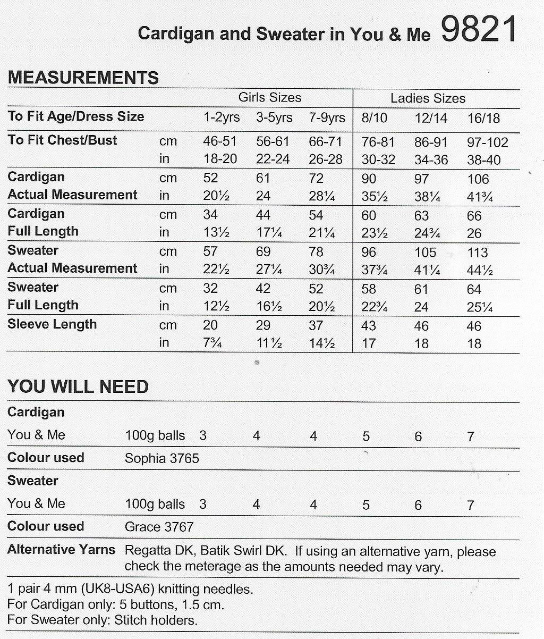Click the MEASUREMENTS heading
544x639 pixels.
click(x=83, y=78)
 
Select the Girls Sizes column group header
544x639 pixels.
click(x=269, y=97)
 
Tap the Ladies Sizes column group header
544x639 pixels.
click(x=428, y=98)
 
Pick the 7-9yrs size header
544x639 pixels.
click(x=327, y=117)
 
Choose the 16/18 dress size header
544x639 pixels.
click(x=483, y=118)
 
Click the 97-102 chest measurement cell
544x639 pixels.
click(x=487, y=142)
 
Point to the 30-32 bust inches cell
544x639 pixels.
click(x=378, y=159)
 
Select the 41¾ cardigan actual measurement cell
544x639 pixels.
click(x=480, y=197)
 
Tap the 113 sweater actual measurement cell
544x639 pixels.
click(x=477, y=253)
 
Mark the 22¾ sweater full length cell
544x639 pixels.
click(x=375, y=307)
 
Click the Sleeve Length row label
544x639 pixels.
click(x=52, y=324)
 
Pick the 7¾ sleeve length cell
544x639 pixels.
click(x=212, y=343)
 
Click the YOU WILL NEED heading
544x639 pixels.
click(x=78, y=386)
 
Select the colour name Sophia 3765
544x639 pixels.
click(x=162, y=458)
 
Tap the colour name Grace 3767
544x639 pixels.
click(x=159, y=527)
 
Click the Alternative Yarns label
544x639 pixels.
click(x=61, y=550)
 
